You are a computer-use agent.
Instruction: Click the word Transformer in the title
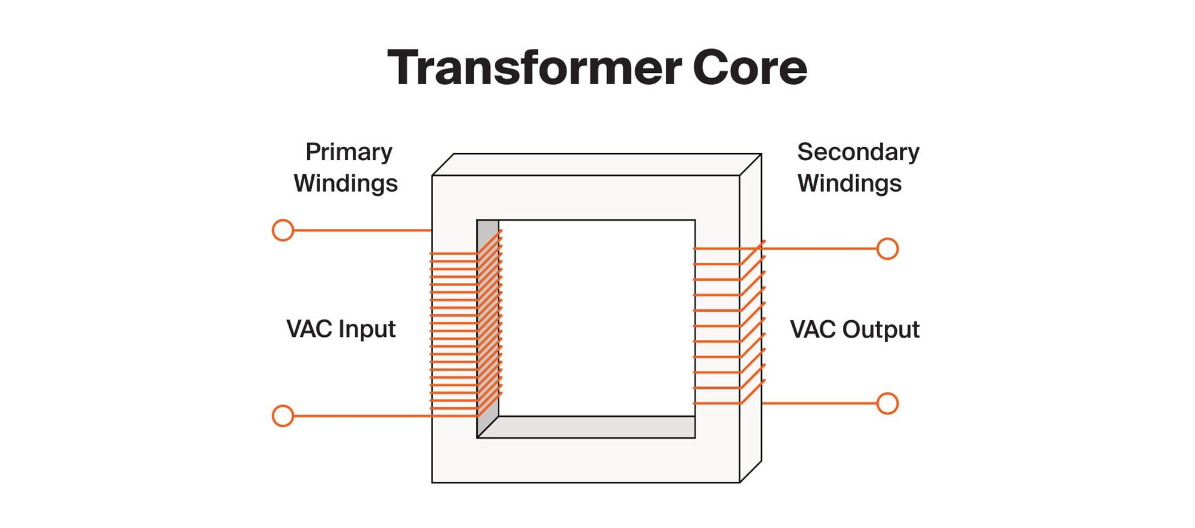point(534,68)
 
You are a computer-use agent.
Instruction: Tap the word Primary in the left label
point(349,152)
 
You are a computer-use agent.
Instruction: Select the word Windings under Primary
point(345,183)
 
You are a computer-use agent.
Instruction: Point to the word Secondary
point(858,152)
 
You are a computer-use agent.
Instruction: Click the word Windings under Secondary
point(849,183)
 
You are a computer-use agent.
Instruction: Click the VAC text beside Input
point(309,329)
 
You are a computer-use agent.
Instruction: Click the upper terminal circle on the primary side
point(283,230)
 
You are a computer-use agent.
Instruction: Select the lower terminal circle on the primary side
point(283,416)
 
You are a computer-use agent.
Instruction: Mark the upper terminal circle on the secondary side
point(887,248)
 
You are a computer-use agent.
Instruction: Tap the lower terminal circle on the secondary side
point(887,404)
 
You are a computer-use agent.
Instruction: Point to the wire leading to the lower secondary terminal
point(819,404)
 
